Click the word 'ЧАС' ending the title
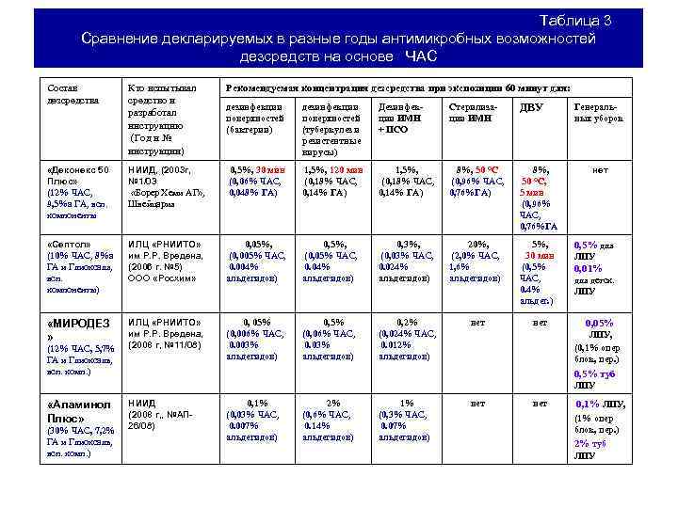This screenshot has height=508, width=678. [x=422, y=56]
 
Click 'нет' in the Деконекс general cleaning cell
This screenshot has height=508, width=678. [x=599, y=170]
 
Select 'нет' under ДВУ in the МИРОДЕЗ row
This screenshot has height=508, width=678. [x=540, y=322]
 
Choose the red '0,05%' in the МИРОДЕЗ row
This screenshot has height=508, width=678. [x=600, y=322]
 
